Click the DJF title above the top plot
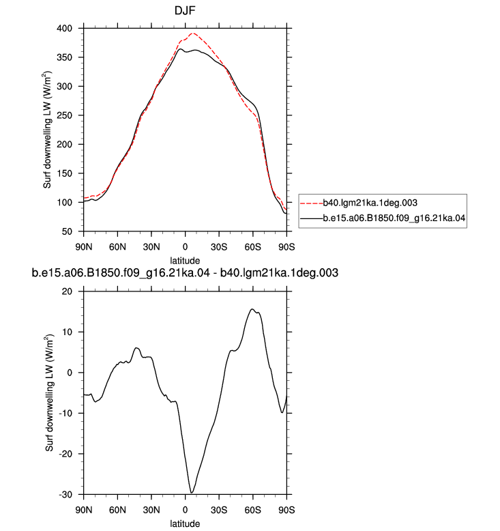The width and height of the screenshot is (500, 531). pos(185,11)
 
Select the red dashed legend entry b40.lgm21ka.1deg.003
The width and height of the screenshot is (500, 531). pos(359,203)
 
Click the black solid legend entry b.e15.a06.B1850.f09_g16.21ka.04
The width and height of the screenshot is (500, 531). pos(383,218)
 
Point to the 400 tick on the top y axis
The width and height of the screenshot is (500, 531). pos(64,29)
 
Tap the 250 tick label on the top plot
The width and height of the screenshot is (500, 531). pos(64,115)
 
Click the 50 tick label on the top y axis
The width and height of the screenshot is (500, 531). pos(67,231)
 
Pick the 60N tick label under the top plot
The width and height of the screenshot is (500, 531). pos(117,247)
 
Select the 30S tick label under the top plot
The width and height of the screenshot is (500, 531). pos(219,247)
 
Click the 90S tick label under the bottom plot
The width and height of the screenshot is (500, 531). pos(286,510)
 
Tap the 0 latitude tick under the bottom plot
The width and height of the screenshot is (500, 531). pos(185,510)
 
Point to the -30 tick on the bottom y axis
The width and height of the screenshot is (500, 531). pos(65,494)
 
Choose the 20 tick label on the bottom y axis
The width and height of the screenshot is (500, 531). pos(67,291)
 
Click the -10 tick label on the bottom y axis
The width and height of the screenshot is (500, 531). pos(65,413)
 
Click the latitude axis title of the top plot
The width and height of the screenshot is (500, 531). pos(185,261)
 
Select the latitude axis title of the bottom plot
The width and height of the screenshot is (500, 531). pos(185,523)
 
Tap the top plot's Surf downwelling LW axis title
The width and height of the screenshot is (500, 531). pos(47,130)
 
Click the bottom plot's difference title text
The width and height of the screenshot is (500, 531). pos(185,272)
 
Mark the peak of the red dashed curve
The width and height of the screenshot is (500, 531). pos(193,33)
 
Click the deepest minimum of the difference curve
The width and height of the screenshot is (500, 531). pos(191,493)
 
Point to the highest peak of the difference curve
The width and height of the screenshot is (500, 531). pos(252,309)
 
